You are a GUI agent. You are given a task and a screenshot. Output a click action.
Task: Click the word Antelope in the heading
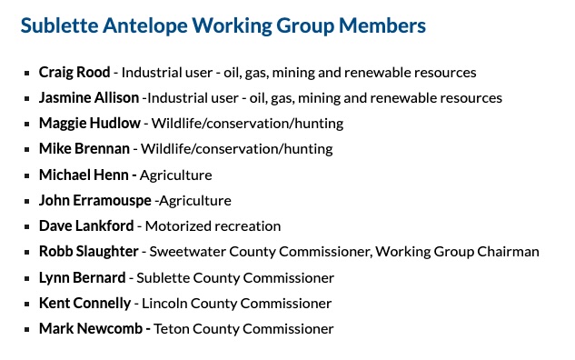pos(144,26)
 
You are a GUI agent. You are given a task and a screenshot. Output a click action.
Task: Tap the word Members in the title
pos(382,25)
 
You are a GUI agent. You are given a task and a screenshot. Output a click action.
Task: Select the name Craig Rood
pos(74,73)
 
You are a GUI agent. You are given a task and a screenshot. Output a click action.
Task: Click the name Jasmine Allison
pos(89,98)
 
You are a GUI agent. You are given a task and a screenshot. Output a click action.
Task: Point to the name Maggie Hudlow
pos(90,124)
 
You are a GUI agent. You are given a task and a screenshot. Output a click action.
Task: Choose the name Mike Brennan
pos(84,149)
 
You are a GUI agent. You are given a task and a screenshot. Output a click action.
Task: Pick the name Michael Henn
pos(84,175)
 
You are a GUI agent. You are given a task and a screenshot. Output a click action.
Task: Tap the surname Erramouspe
pos(112,201)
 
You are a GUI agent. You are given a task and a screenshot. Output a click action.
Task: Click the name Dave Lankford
pos(86,226)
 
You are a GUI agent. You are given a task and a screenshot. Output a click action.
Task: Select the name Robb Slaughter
pos(89,252)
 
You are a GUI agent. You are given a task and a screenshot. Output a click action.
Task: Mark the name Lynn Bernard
pos(83,278)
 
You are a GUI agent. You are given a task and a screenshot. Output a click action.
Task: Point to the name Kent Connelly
pos(85,304)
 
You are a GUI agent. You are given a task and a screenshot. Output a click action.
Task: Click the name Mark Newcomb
pos(91,329)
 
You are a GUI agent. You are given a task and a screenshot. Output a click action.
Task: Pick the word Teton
pos(172,329)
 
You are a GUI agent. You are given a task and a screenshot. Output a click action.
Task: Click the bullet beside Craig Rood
pos(26,73)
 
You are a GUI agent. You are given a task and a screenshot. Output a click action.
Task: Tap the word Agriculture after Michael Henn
pos(176,175)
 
